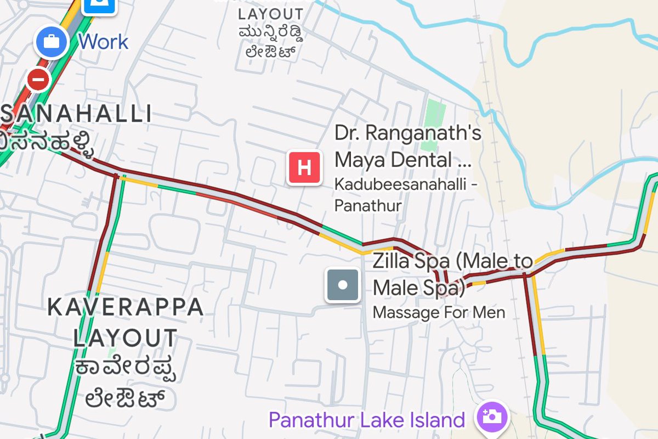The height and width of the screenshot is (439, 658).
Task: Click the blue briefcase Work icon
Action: coord(52,42)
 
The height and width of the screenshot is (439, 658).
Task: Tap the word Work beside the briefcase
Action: coord(103,42)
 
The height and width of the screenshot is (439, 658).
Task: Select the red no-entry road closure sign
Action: coord(38,80)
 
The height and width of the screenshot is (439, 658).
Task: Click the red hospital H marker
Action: coord(305,167)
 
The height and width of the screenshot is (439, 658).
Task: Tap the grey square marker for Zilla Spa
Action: coord(343,285)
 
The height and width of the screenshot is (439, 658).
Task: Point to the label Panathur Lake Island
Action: coord(366,420)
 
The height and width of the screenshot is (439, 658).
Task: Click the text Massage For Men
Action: coord(438,313)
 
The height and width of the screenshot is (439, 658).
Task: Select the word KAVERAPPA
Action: coord(126,307)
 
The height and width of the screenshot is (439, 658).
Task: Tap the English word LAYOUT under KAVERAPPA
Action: coord(126,338)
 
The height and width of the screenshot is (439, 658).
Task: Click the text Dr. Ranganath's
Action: coord(408,133)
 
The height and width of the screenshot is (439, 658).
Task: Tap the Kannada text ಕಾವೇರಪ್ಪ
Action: coord(126,368)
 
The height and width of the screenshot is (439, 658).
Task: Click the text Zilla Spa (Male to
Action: coord(452,261)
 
